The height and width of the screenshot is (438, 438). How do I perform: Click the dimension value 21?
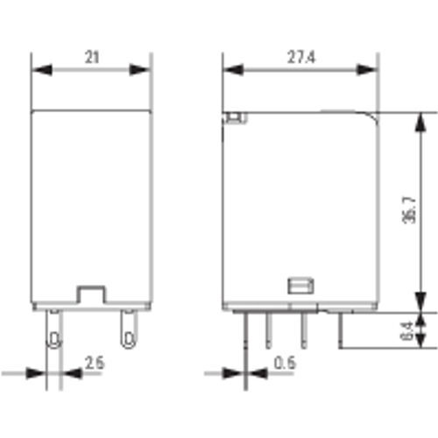(x=92, y=57)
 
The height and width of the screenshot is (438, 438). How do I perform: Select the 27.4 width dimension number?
(x=300, y=57)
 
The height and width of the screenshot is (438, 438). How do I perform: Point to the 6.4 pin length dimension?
(x=409, y=331)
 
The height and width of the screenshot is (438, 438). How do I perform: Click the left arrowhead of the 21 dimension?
(x=38, y=69)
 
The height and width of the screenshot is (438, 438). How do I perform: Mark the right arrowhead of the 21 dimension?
(x=146, y=69)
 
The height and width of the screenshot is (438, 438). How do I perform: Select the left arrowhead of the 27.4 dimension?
(x=228, y=69)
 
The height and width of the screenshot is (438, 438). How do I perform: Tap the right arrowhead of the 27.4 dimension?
(x=372, y=69)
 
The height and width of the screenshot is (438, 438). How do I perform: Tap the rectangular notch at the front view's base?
(x=90, y=293)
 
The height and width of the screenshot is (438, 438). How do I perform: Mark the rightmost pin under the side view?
(x=336, y=328)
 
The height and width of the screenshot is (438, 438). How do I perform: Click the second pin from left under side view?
(x=269, y=330)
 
